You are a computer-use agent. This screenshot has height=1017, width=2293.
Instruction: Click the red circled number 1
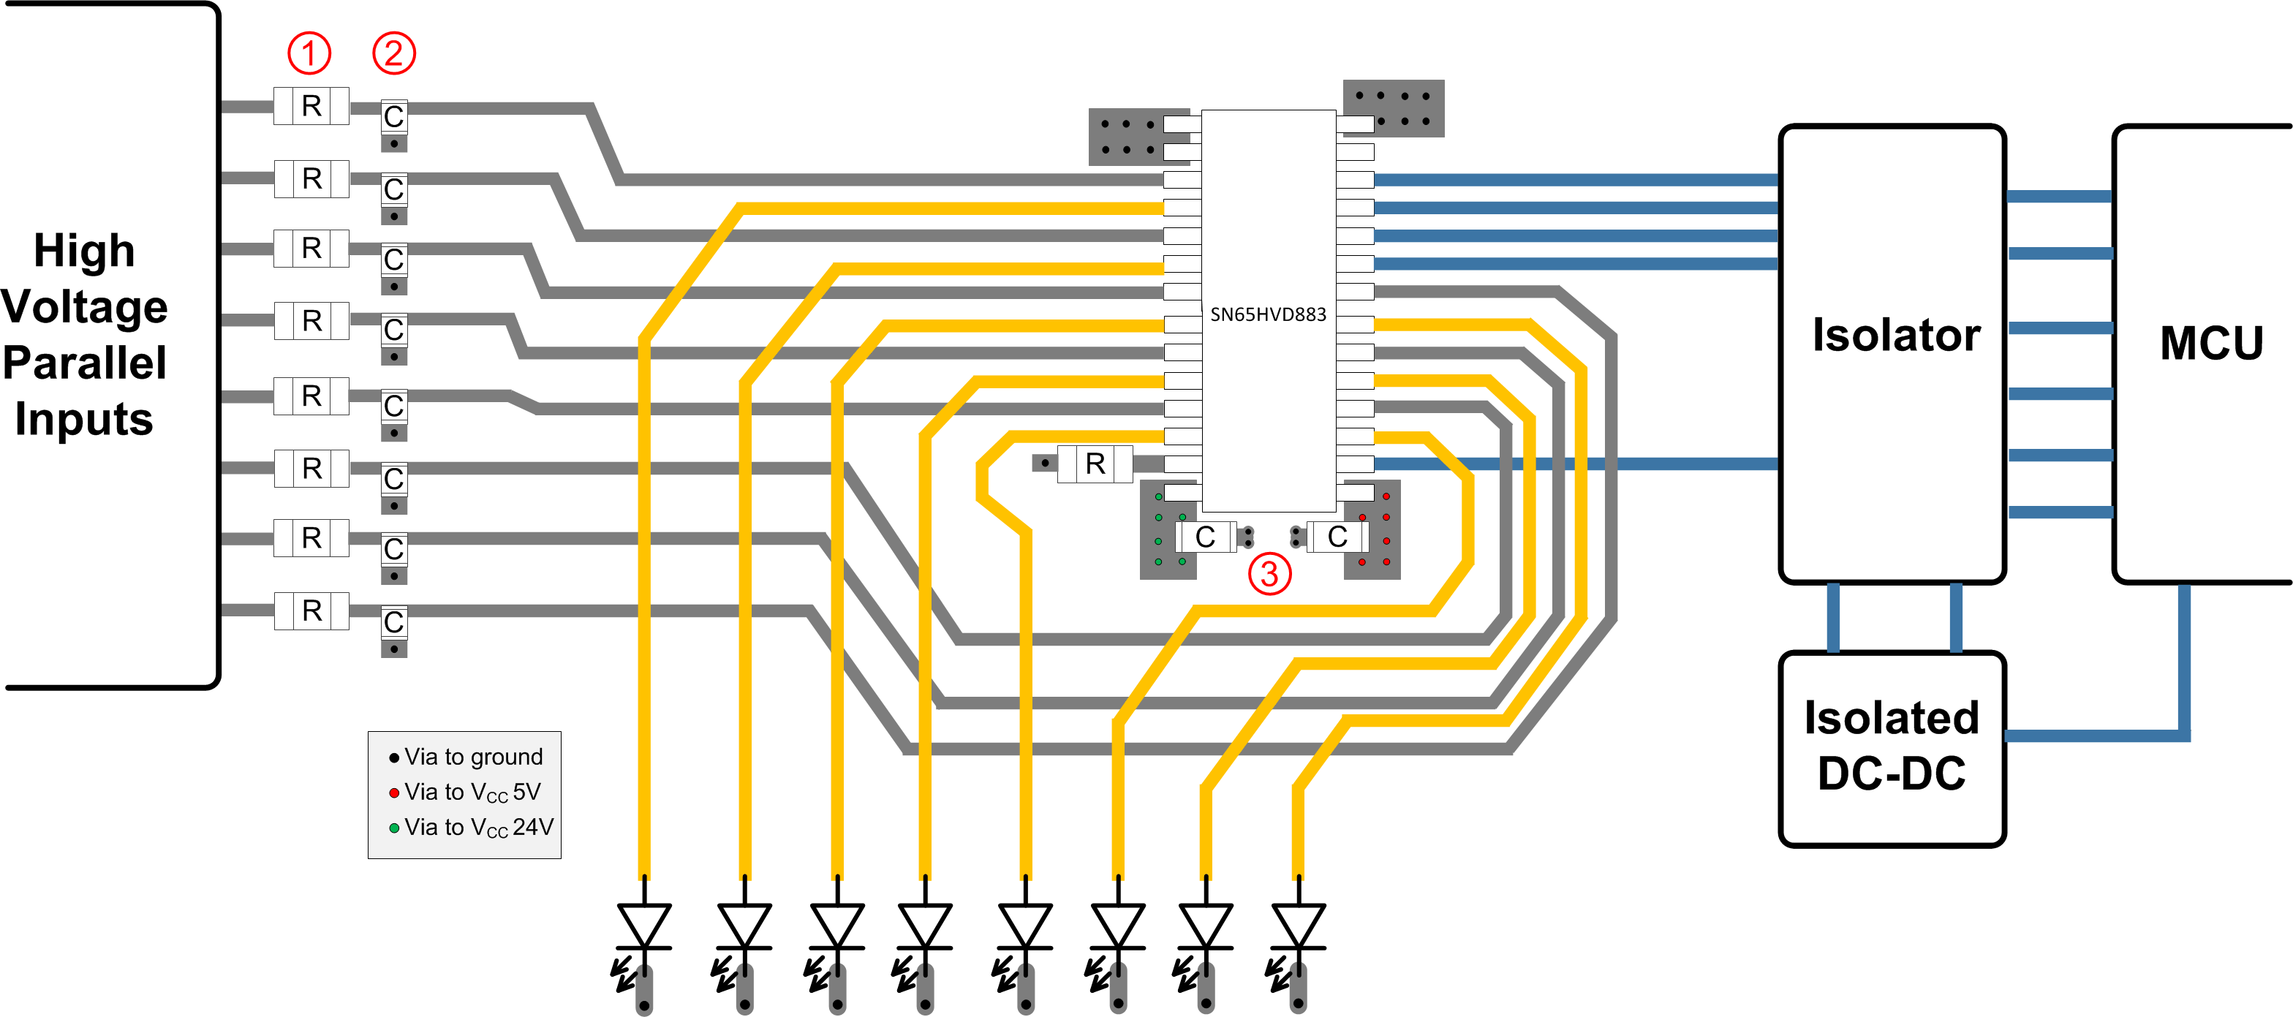tap(309, 53)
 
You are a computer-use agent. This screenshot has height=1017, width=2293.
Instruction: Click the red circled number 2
tap(393, 53)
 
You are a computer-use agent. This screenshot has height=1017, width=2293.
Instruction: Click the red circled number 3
tap(1269, 574)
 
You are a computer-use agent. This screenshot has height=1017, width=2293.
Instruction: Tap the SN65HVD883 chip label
tap(1268, 314)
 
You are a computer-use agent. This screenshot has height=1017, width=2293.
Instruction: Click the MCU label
tap(2211, 344)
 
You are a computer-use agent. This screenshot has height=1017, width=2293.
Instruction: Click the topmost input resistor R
tap(311, 106)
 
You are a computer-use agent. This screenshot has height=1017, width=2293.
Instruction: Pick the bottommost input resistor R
tap(311, 611)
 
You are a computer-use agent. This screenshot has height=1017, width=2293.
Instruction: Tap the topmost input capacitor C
tap(393, 116)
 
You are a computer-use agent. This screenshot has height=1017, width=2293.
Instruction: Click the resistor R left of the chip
tap(1095, 464)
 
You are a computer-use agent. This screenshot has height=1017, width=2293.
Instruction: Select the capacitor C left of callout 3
tap(1205, 537)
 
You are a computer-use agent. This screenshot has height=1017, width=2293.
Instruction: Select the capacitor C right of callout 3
tap(1337, 537)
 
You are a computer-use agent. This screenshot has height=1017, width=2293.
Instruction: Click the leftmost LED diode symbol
tap(643, 926)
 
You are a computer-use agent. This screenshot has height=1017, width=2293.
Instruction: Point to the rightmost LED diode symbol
tap(1299, 926)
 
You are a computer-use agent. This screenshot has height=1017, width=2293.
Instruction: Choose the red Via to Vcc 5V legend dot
tap(394, 793)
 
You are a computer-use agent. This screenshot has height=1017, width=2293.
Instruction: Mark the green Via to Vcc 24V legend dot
tap(394, 828)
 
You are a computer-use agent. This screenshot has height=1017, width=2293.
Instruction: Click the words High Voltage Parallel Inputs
tap(85, 335)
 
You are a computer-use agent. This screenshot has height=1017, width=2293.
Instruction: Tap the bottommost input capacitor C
tap(393, 623)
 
